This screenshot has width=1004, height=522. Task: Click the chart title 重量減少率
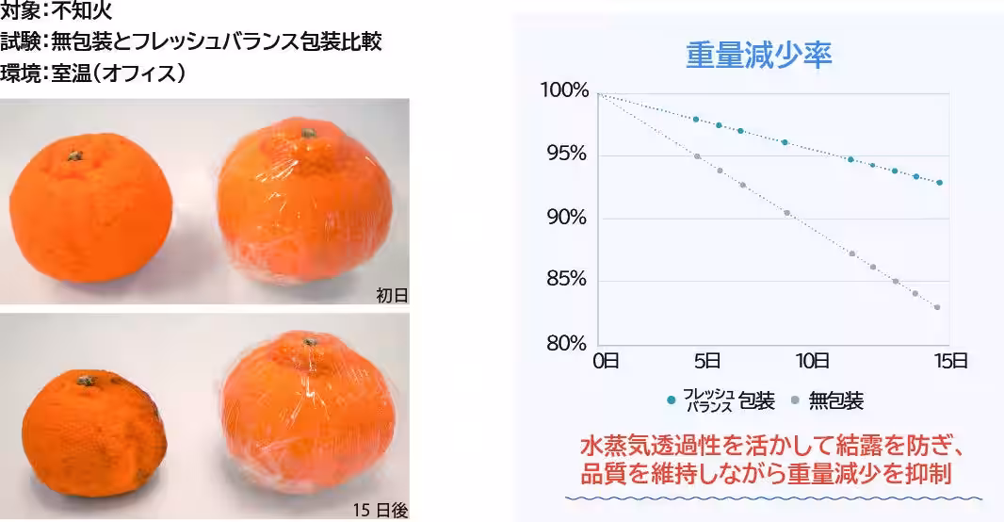pos(758,54)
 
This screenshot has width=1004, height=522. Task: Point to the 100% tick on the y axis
pos(564,91)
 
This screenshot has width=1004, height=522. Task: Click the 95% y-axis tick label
pos(568,155)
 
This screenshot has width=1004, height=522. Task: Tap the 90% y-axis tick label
pos(568,218)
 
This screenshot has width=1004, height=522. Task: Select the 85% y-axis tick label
pos(568,280)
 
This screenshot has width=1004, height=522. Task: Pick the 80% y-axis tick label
pos(568,343)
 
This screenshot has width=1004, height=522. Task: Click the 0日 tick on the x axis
pos(605,360)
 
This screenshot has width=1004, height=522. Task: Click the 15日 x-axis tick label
pos(951,360)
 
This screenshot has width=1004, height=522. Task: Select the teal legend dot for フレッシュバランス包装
pos(671,400)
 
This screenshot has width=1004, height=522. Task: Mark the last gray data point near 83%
pos(937,307)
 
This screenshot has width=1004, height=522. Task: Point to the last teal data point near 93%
pos(939,183)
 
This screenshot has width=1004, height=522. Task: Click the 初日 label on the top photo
pos(392,295)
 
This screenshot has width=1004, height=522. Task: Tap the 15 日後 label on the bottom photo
pos(381,510)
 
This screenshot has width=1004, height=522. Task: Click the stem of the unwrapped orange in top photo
pos(74,155)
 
